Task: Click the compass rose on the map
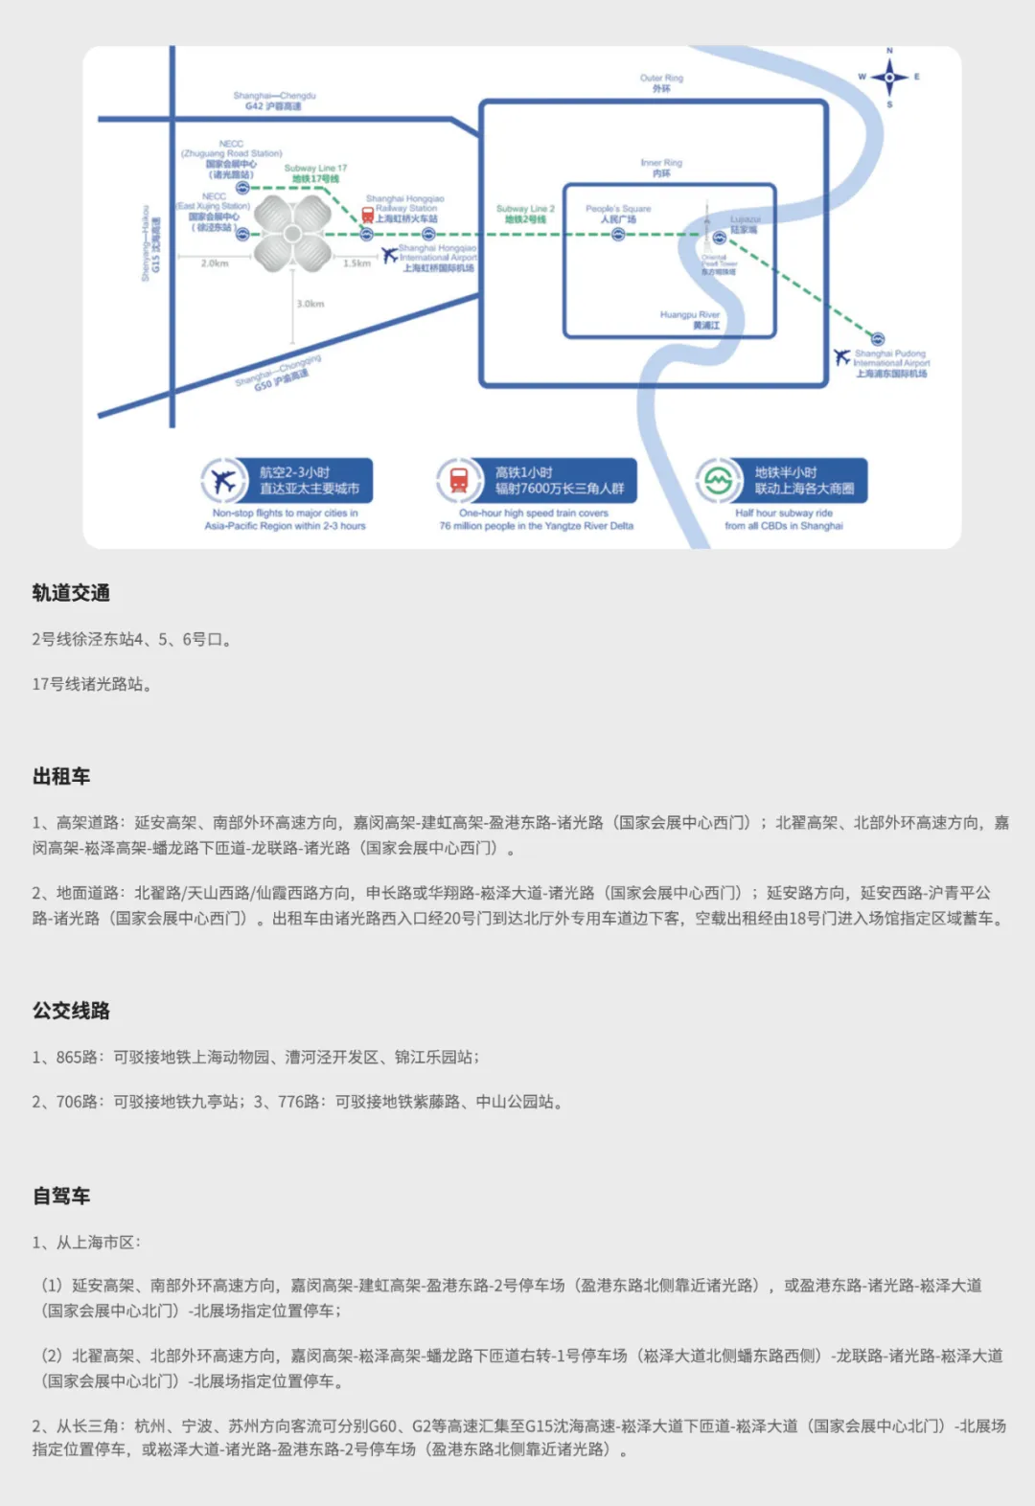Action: point(889,77)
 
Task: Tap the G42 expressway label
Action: point(274,102)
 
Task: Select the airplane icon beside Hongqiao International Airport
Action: point(389,255)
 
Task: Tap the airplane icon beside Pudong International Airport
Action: point(842,357)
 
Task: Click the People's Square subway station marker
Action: point(618,234)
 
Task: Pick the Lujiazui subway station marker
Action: point(720,237)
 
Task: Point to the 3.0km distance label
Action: point(310,304)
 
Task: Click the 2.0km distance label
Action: point(215,263)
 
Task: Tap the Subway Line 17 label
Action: point(315,173)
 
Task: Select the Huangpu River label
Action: point(690,320)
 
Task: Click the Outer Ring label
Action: point(661,83)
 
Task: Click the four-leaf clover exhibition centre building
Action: point(292,233)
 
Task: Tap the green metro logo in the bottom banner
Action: point(717,481)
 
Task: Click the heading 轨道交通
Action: point(71,593)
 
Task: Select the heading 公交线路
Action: point(71,1011)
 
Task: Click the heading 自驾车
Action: point(61,1196)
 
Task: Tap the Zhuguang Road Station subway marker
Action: point(242,188)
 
